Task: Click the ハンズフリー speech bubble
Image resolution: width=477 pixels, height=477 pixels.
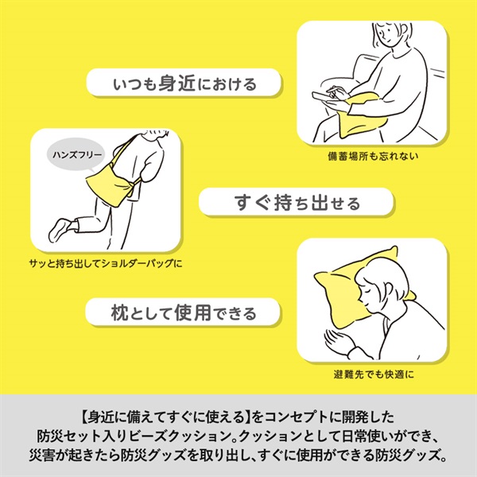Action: point(76,156)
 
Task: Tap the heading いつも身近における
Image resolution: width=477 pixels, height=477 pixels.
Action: point(185,83)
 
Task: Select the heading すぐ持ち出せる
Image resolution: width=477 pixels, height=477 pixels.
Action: point(297,203)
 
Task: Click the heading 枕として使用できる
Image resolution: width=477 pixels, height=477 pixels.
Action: point(184,312)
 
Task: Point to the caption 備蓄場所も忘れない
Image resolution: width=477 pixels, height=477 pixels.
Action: point(373,156)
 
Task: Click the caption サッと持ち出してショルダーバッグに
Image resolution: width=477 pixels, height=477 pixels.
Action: point(106,263)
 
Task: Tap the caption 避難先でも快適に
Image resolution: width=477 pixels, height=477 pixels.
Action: point(374,374)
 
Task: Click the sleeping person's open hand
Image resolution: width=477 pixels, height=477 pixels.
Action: point(335,339)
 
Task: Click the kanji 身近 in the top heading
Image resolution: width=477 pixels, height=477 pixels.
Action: point(176,83)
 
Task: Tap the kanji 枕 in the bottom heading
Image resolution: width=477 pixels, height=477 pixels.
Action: point(119,312)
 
